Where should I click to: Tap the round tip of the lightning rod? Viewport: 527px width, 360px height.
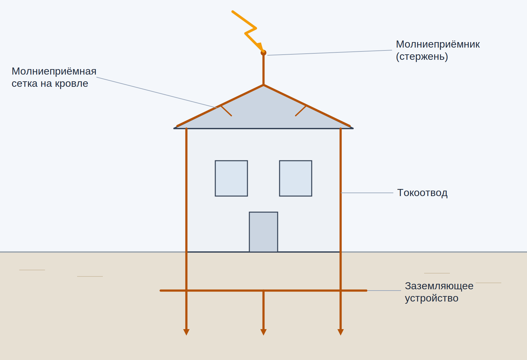tap(263, 53)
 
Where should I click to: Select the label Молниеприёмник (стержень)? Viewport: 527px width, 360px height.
tap(438, 50)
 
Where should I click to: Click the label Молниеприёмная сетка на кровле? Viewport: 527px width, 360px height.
tap(54, 77)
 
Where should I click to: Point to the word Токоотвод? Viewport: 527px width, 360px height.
tap(422, 193)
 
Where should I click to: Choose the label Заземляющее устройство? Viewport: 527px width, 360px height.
tap(439, 292)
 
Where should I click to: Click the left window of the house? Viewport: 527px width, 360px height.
tap(231, 178)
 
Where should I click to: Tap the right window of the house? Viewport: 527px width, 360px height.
tap(296, 178)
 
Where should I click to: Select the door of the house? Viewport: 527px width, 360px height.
tap(263, 232)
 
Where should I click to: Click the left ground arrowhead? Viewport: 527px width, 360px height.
tap(186, 332)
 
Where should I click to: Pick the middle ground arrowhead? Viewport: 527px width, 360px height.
tap(263, 332)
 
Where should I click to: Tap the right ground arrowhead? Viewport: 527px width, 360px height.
tap(341, 332)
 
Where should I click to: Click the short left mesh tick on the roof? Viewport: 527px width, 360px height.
tap(226, 111)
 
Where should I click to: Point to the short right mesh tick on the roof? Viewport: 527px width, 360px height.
tap(301, 111)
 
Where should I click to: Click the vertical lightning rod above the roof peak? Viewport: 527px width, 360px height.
tap(263, 69)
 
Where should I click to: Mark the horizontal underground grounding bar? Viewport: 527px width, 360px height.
tap(263, 291)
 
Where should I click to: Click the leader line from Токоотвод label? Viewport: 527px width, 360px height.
tap(367, 193)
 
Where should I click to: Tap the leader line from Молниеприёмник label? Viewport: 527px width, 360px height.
tap(330, 53)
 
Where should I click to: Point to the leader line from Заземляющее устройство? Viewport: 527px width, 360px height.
tap(384, 291)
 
